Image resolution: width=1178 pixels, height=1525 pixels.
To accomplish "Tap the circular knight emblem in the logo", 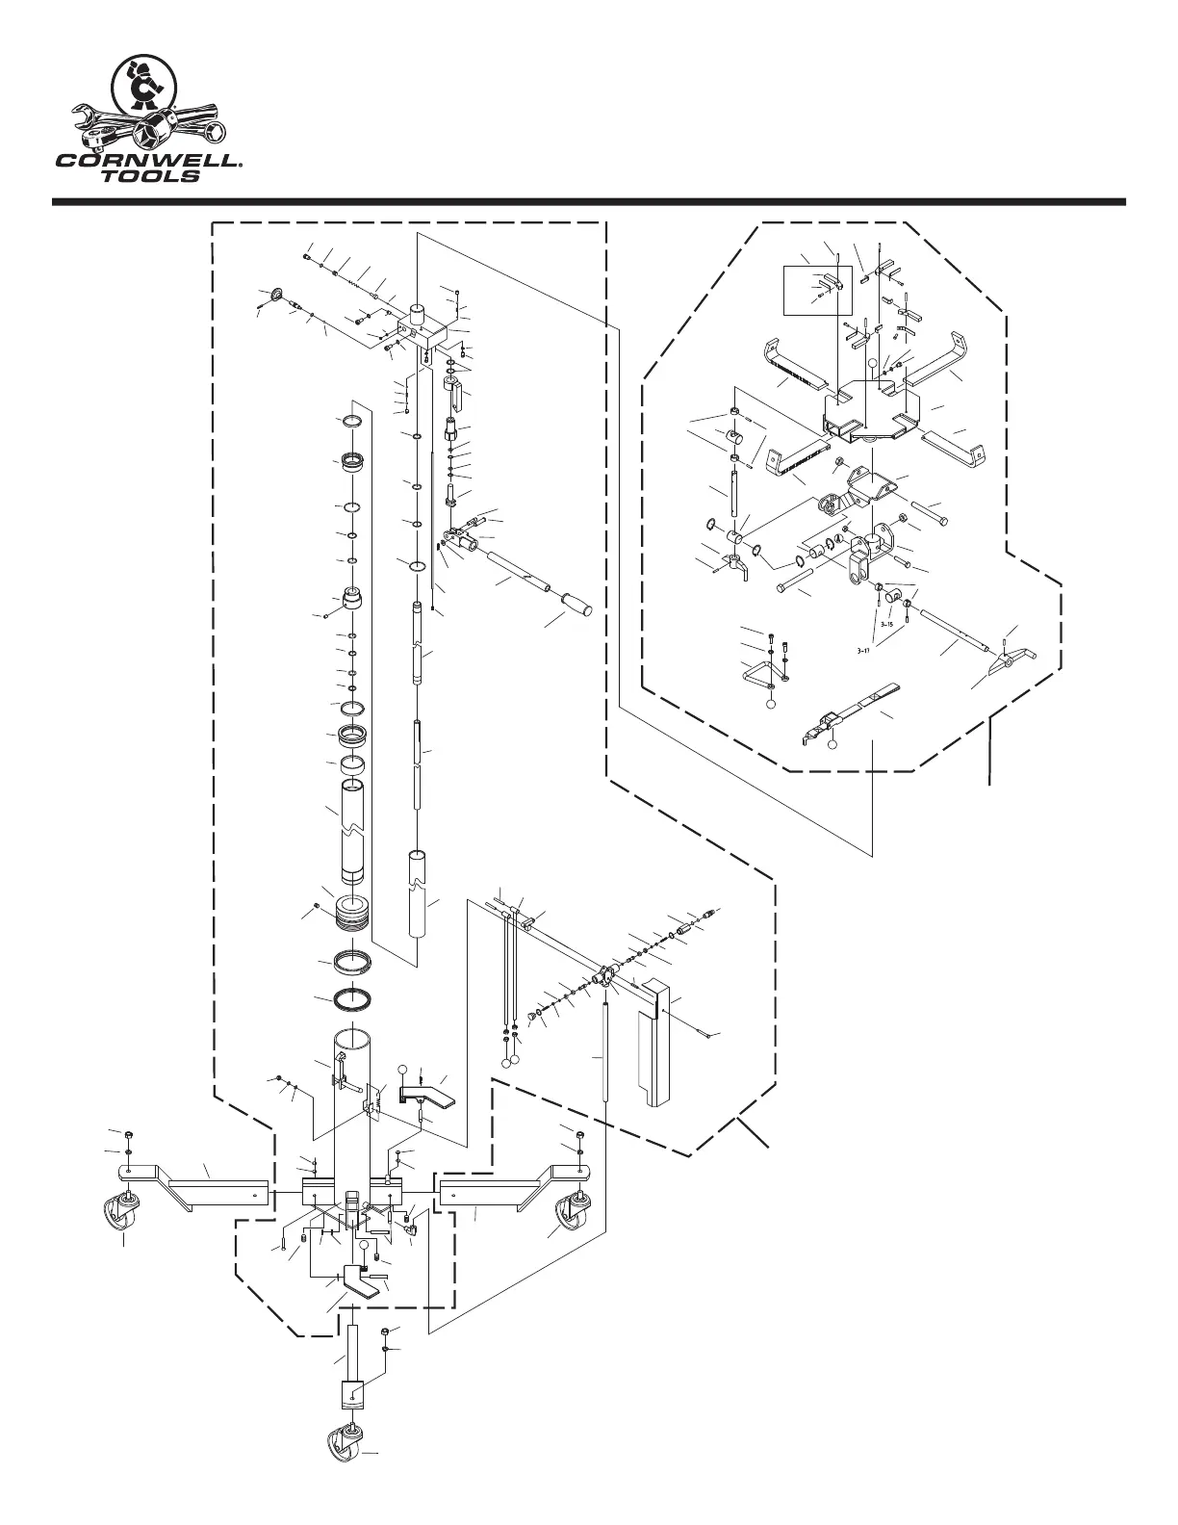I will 143,90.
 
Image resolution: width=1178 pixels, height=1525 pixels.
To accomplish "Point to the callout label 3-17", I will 863,650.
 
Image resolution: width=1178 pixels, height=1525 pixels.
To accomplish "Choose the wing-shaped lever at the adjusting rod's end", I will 1011,660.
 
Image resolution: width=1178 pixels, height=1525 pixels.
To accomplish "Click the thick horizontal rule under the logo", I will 589,202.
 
